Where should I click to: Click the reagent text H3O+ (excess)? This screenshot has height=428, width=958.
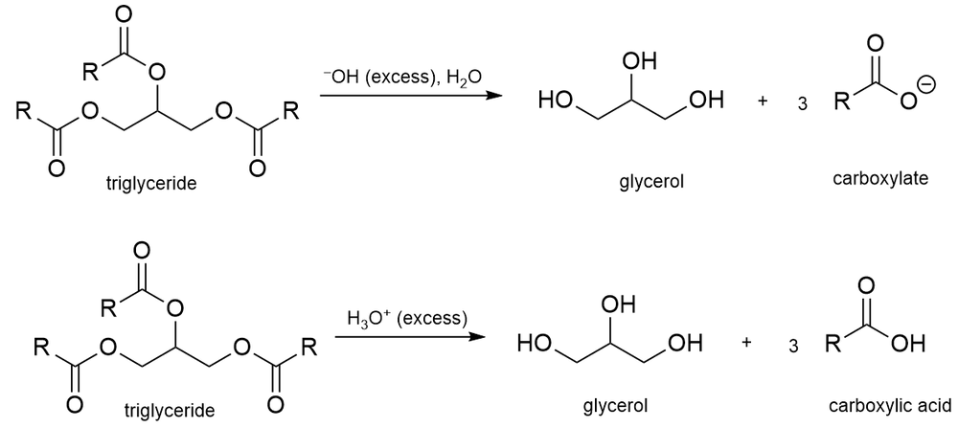click(x=407, y=317)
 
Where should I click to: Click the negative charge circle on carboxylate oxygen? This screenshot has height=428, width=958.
click(x=924, y=87)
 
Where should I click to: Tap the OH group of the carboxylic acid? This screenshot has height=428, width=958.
click(x=913, y=342)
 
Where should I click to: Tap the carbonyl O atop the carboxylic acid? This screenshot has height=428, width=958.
click(x=867, y=285)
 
